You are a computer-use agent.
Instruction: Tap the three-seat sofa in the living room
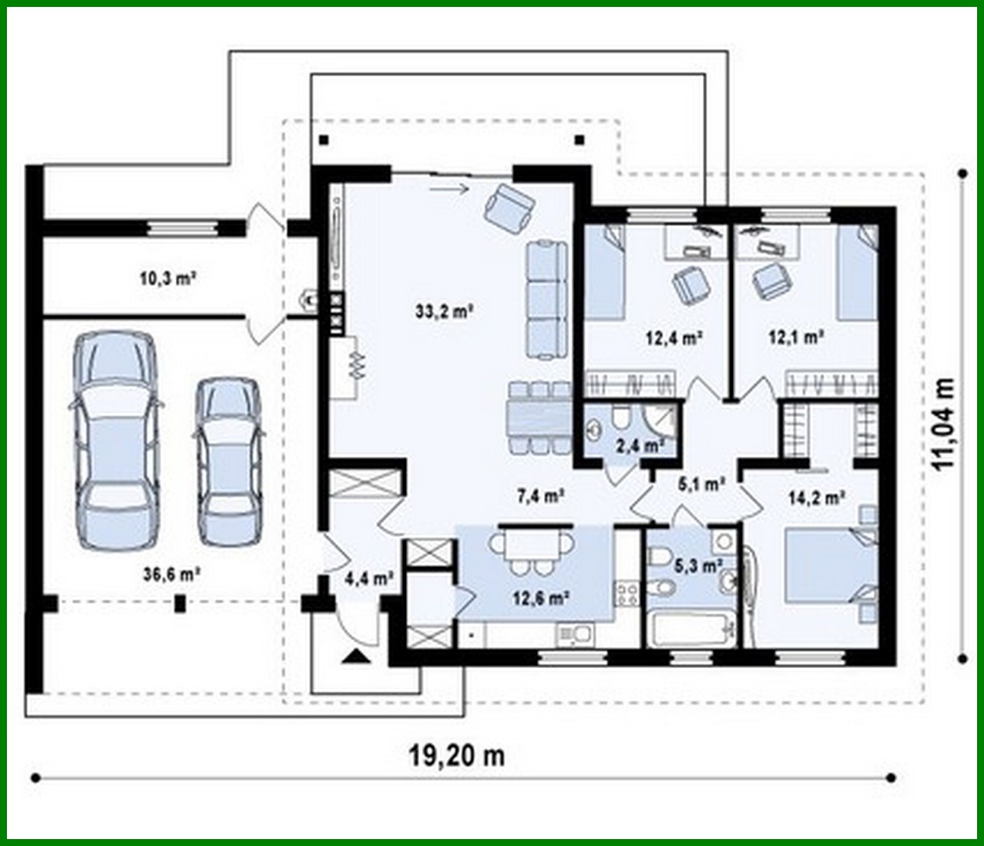[547, 300]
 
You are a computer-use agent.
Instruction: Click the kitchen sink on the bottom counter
[574, 633]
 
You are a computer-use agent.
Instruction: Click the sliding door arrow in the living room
[449, 186]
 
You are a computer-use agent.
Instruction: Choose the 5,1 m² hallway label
[700, 484]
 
